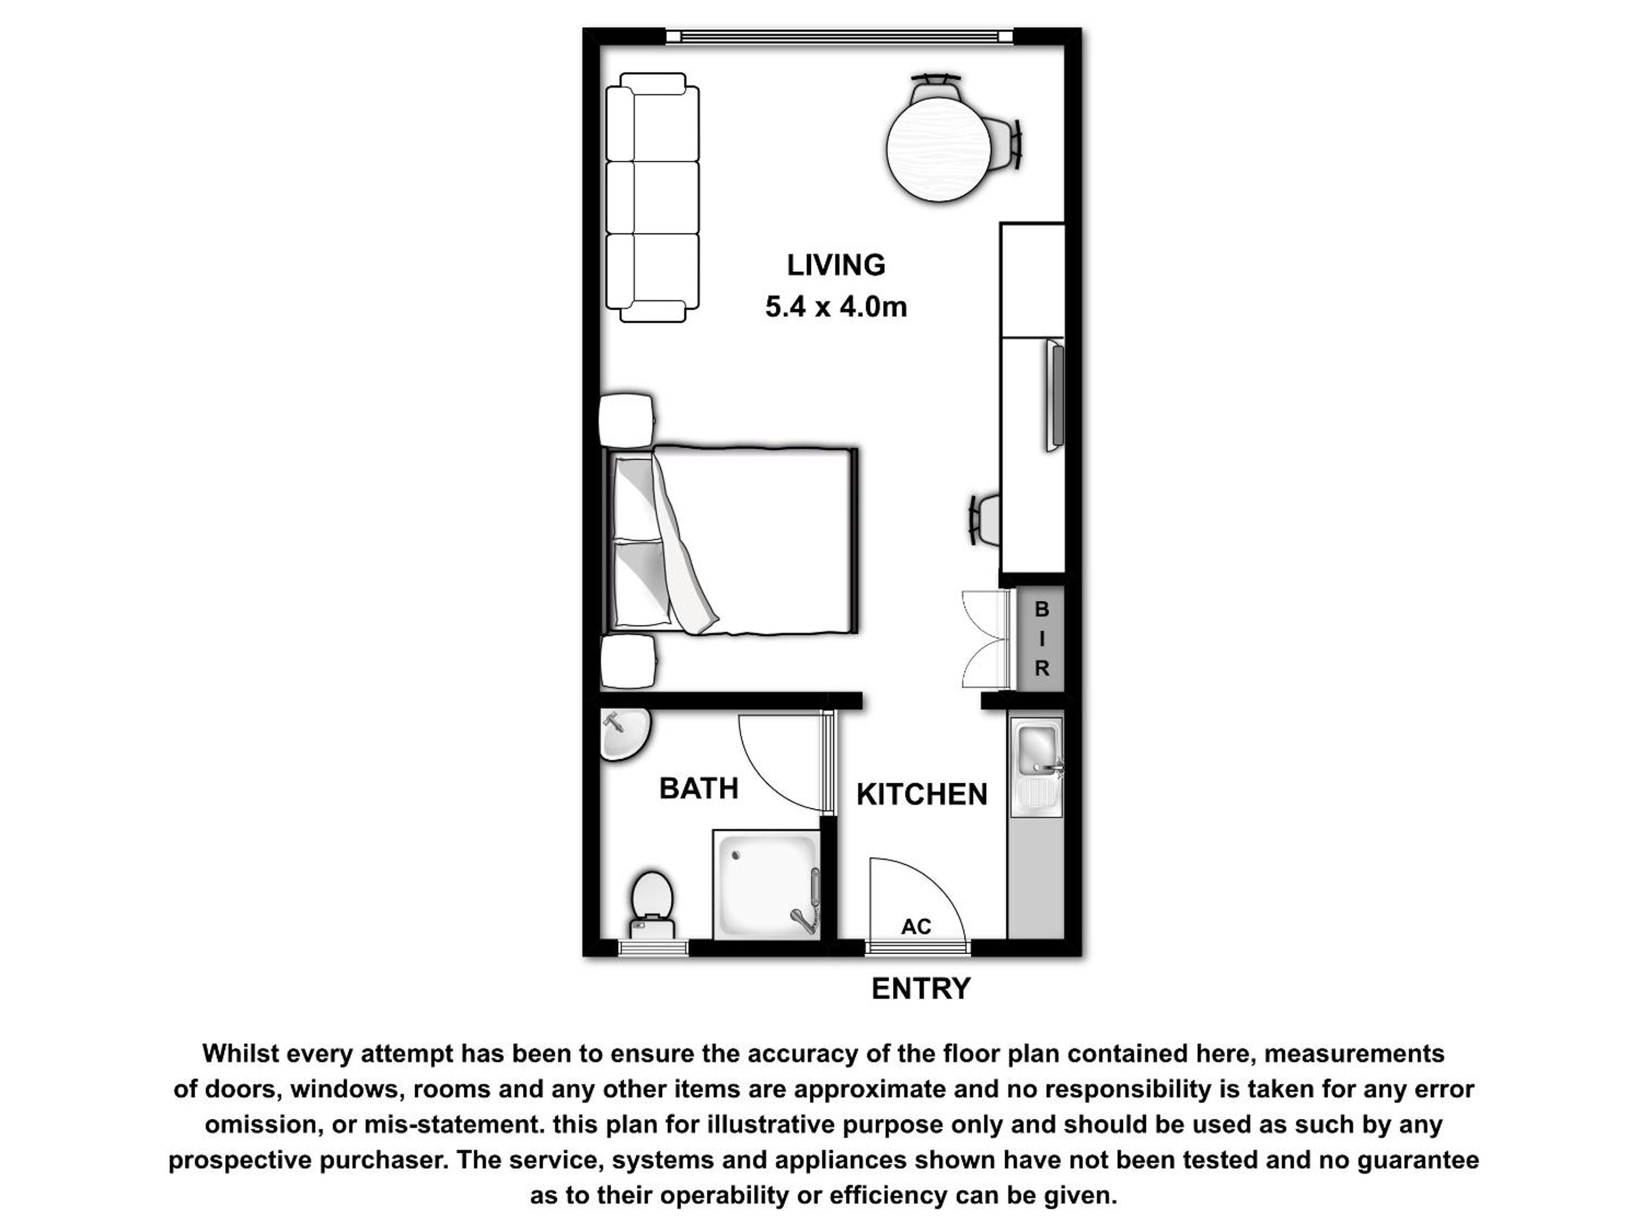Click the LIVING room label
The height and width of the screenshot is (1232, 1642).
coord(836,265)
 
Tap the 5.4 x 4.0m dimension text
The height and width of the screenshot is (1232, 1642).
coord(836,307)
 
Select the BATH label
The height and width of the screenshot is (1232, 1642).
coord(698,788)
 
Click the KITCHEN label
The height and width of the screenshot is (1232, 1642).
coord(922,794)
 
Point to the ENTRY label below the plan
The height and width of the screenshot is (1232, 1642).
coord(921,989)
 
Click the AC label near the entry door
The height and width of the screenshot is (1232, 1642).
coord(916,927)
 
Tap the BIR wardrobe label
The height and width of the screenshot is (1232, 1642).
coord(1042,639)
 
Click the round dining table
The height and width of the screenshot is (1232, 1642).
coord(939,148)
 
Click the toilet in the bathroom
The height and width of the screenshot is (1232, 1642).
coord(652,905)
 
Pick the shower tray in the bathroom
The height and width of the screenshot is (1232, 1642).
coord(766,885)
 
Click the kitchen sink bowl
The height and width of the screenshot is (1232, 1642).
coord(1036,749)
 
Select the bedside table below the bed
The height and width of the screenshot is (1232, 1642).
coord(628,661)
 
